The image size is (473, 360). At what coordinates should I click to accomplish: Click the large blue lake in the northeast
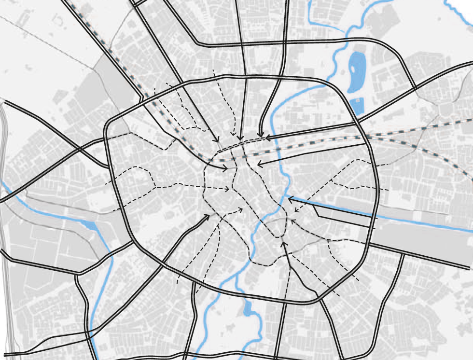[356, 72]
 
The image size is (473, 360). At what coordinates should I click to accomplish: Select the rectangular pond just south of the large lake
[356, 106]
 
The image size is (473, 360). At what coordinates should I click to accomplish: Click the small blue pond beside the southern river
[248, 308]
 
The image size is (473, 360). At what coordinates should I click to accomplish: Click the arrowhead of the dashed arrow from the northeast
[296, 211]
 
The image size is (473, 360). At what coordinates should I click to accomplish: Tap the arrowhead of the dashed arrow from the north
[233, 136]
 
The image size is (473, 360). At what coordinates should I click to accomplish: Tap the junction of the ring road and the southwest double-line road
[163, 263]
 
